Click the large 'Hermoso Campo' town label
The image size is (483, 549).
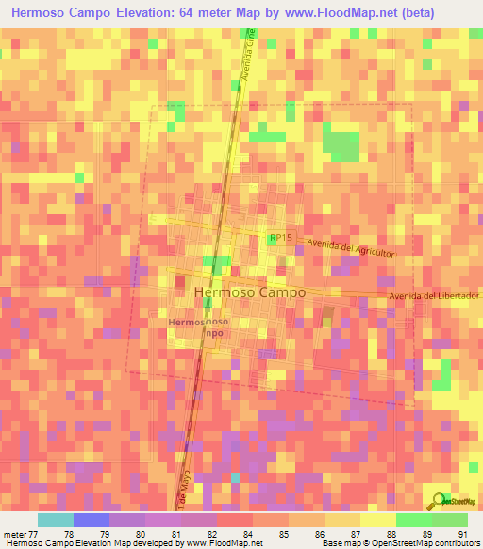249,293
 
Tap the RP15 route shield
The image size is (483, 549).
276,240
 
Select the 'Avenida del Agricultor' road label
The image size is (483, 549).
349,248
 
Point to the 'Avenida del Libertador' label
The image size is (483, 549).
434,297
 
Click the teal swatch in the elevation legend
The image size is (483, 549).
55,520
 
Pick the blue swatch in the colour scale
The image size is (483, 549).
91,520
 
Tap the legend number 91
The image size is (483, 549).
462,534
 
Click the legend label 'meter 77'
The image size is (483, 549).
18,534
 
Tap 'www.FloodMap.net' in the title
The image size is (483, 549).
324,14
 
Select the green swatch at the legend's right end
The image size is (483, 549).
450,520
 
